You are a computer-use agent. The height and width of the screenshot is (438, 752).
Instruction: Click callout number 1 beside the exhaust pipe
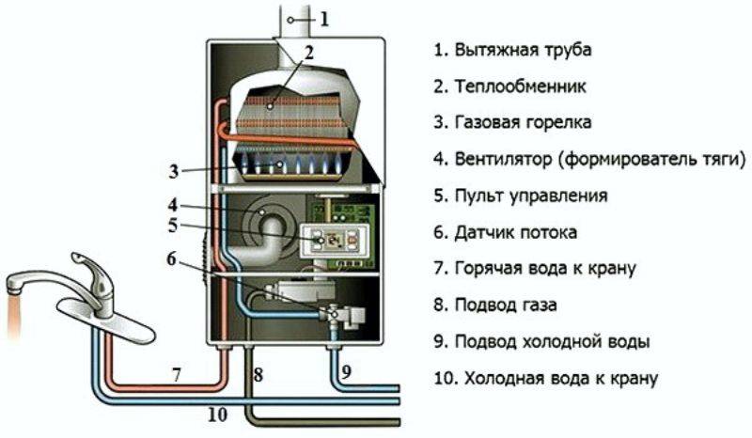coord(324,19)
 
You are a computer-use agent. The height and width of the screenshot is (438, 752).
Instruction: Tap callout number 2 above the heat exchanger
coord(308,53)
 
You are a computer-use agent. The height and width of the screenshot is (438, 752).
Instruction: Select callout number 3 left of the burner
coord(174,171)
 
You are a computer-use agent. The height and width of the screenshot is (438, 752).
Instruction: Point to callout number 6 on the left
coord(172,259)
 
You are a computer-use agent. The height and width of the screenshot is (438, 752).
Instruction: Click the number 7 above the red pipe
coord(177,374)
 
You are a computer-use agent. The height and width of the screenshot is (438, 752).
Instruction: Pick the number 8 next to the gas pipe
coord(258,375)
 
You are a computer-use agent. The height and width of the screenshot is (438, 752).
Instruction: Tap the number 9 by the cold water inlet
coord(346,372)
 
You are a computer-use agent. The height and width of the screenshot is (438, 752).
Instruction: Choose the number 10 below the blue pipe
coord(217,415)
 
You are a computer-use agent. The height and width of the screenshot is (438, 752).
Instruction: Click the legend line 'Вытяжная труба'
coord(512,50)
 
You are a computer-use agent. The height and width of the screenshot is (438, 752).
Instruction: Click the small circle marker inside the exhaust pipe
coord(290,20)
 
